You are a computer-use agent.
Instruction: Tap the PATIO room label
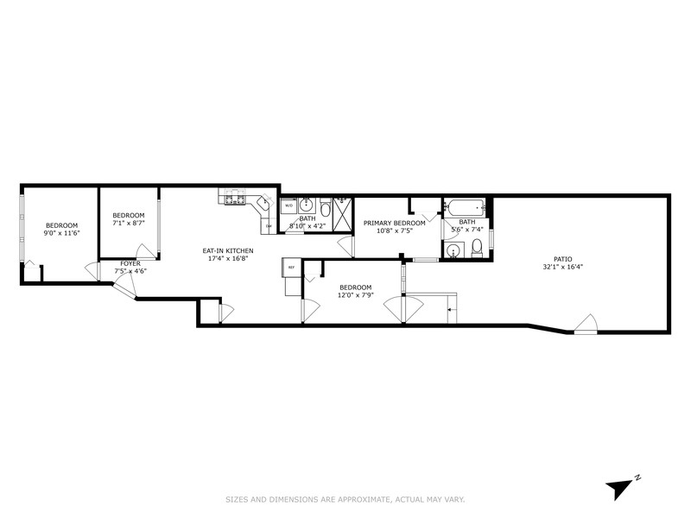tap(562, 258)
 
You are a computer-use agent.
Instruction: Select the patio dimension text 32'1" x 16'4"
tap(562, 267)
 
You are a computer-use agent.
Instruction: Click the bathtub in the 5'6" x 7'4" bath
tap(464, 208)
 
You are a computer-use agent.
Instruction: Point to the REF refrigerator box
tap(291, 268)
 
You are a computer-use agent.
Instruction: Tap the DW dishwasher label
tap(269, 226)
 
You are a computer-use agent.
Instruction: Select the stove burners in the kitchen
tap(233, 200)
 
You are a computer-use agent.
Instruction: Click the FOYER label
tap(130, 263)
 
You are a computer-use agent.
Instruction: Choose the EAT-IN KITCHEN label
tap(228, 250)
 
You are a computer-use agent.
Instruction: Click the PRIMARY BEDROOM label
tap(394, 223)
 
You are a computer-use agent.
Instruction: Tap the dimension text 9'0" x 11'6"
tap(62, 233)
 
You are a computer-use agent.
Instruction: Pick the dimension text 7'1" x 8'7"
tap(129, 223)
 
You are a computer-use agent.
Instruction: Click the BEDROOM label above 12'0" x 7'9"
tap(355, 287)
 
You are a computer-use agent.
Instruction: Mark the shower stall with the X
tap(343, 212)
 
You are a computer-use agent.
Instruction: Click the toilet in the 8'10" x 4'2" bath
tap(325, 209)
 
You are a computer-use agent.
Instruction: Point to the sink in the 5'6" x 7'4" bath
tap(452, 250)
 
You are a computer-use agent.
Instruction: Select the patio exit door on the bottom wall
tap(586, 325)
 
